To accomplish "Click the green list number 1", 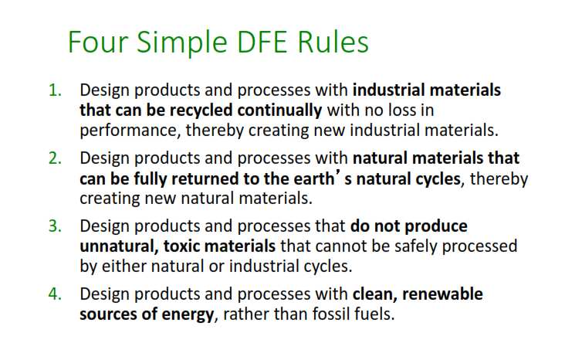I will [x=55, y=90].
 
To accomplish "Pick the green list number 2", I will [x=55, y=159].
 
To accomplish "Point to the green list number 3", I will [x=55, y=227].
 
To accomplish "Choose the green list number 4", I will [x=55, y=295].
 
